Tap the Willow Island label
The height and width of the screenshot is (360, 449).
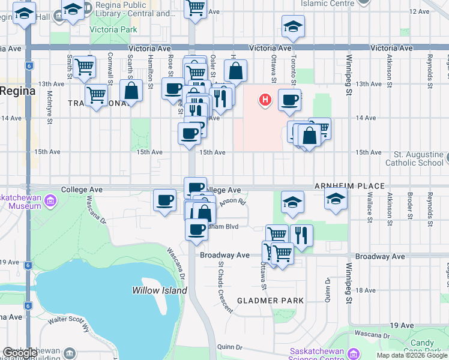point(155,290)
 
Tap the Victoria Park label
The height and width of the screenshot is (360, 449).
point(113,29)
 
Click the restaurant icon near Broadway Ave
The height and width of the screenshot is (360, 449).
point(301,235)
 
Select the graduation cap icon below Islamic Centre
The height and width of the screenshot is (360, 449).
point(293,26)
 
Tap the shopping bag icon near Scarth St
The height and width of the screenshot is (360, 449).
point(131,91)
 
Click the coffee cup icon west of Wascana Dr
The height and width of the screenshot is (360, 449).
point(165,200)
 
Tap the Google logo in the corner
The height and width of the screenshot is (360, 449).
point(20,353)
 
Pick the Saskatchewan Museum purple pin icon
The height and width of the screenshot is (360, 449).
point(50,200)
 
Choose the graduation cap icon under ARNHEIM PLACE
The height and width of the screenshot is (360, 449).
point(336,199)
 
